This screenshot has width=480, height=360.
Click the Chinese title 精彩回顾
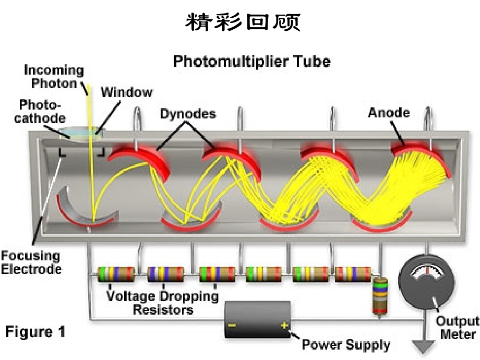pos(243,22)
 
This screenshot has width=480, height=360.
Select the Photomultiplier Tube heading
pos(251,62)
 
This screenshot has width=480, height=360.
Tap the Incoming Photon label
pos(54,77)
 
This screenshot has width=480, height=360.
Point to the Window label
pos(126,92)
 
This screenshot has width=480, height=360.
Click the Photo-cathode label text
pos(40,112)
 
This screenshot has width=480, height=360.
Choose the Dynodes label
pos(188,114)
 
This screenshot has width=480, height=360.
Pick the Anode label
pos(389,113)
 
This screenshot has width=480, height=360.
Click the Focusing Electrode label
pos(31,262)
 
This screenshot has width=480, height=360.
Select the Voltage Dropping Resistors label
pos(163,303)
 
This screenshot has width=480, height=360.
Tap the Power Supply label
pos(346,345)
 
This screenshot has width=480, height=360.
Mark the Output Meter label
pos(458,327)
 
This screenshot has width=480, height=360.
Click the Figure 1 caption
pos(35,332)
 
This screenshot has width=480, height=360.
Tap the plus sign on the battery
pos(284,325)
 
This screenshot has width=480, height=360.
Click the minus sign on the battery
pos(232,325)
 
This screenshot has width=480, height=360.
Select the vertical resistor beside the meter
pos(380,296)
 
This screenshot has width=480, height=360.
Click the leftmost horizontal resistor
pos(116,274)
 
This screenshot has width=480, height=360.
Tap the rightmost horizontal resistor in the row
pos(353,274)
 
